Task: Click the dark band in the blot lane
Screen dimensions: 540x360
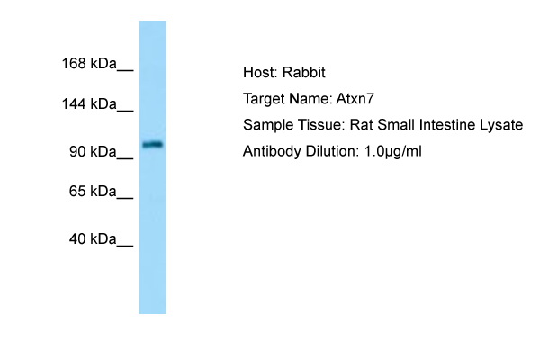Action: tap(153, 144)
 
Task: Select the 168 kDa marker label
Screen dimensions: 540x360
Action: tap(89, 64)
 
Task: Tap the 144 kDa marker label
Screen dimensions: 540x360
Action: tap(89, 104)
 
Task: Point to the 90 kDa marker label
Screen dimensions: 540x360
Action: tap(93, 151)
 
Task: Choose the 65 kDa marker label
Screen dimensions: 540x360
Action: tap(93, 191)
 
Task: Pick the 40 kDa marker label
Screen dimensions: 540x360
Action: tap(93, 239)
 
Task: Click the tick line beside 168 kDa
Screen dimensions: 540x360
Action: tap(125, 71)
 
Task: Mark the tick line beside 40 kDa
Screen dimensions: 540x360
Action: tap(125, 247)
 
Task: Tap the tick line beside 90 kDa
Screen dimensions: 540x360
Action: tap(125, 158)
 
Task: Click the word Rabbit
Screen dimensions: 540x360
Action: tap(304, 73)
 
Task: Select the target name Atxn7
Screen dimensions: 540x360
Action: tap(355, 99)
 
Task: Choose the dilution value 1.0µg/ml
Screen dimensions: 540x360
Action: tap(392, 152)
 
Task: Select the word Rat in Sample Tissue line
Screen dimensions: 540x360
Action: tap(361, 125)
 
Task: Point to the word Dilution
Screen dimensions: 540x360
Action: tap(332, 151)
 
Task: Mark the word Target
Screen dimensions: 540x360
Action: tap(264, 100)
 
